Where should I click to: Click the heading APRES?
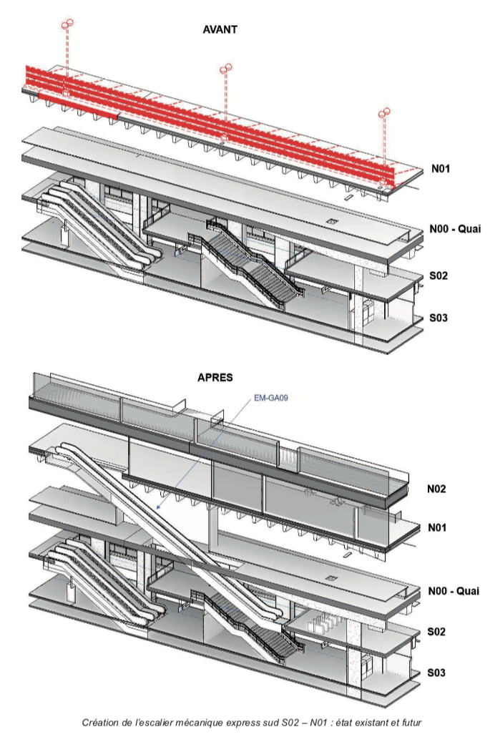pos(215,377)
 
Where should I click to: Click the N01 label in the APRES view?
pos(438,527)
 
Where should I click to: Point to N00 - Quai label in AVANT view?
pos(454,229)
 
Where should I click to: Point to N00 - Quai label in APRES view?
pos(454,592)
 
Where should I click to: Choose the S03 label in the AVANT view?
pos(438,317)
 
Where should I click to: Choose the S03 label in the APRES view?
pos(438,673)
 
